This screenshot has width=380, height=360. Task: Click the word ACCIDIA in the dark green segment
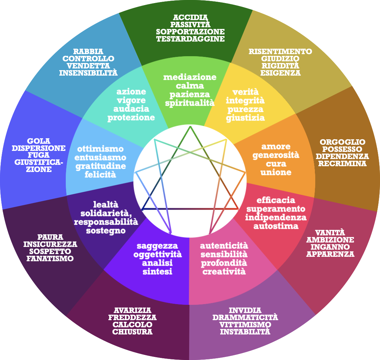pos(190,17)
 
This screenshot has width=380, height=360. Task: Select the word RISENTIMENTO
pos(280,51)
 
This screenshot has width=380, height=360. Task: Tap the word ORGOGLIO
pos(342,142)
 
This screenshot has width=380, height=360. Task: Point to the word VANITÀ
pos(330,233)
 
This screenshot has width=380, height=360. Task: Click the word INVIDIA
pos(245,310)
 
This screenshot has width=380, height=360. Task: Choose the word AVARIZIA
pos(132,310)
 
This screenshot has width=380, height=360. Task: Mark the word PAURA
pos(50,237)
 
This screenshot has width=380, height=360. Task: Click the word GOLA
pos(39,141)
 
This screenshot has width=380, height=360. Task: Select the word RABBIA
pos(88,51)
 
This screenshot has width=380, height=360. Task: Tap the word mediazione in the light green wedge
pos(190,77)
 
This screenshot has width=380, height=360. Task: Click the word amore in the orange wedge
pos(276,146)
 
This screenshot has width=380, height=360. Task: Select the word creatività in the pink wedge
pos(224,271)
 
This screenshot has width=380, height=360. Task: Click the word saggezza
pos(157,246)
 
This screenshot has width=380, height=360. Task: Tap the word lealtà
pos(106,204)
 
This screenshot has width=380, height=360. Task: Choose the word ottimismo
pos(100,149)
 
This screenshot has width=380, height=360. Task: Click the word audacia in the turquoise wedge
pos(131,109)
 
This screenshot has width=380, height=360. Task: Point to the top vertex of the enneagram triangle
pos(190,126)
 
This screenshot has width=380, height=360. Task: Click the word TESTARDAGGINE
pos(190,39)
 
